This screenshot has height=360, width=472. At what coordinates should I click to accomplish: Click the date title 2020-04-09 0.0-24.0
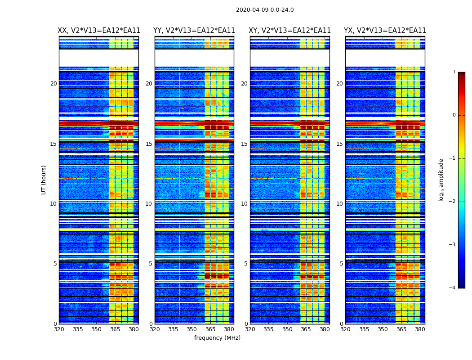(x=265, y=10)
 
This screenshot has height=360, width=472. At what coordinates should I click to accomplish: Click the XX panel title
(x=99, y=31)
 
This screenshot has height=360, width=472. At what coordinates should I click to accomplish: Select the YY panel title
(x=194, y=31)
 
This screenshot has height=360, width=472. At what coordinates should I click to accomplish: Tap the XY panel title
(x=290, y=31)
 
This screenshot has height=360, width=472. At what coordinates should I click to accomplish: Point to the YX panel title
(x=385, y=31)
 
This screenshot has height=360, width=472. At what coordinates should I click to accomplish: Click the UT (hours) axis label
(x=44, y=180)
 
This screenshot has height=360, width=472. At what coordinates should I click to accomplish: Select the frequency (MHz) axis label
(x=217, y=338)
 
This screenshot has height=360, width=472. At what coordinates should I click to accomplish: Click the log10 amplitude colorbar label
(x=441, y=180)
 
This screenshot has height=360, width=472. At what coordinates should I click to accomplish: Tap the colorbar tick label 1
(x=454, y=72)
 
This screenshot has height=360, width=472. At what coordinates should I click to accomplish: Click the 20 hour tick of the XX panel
(x=53, y=84)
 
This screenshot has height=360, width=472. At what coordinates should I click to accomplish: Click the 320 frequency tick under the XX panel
(x=59, y=329)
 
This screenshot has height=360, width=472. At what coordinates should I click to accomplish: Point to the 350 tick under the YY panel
(x=192, y=329)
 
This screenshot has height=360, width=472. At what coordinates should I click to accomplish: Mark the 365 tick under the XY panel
(x=306, y=329)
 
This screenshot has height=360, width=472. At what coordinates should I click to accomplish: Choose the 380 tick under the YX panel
(x=420, y=329)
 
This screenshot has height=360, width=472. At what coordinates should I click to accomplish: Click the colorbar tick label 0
(x=454, y=115)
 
